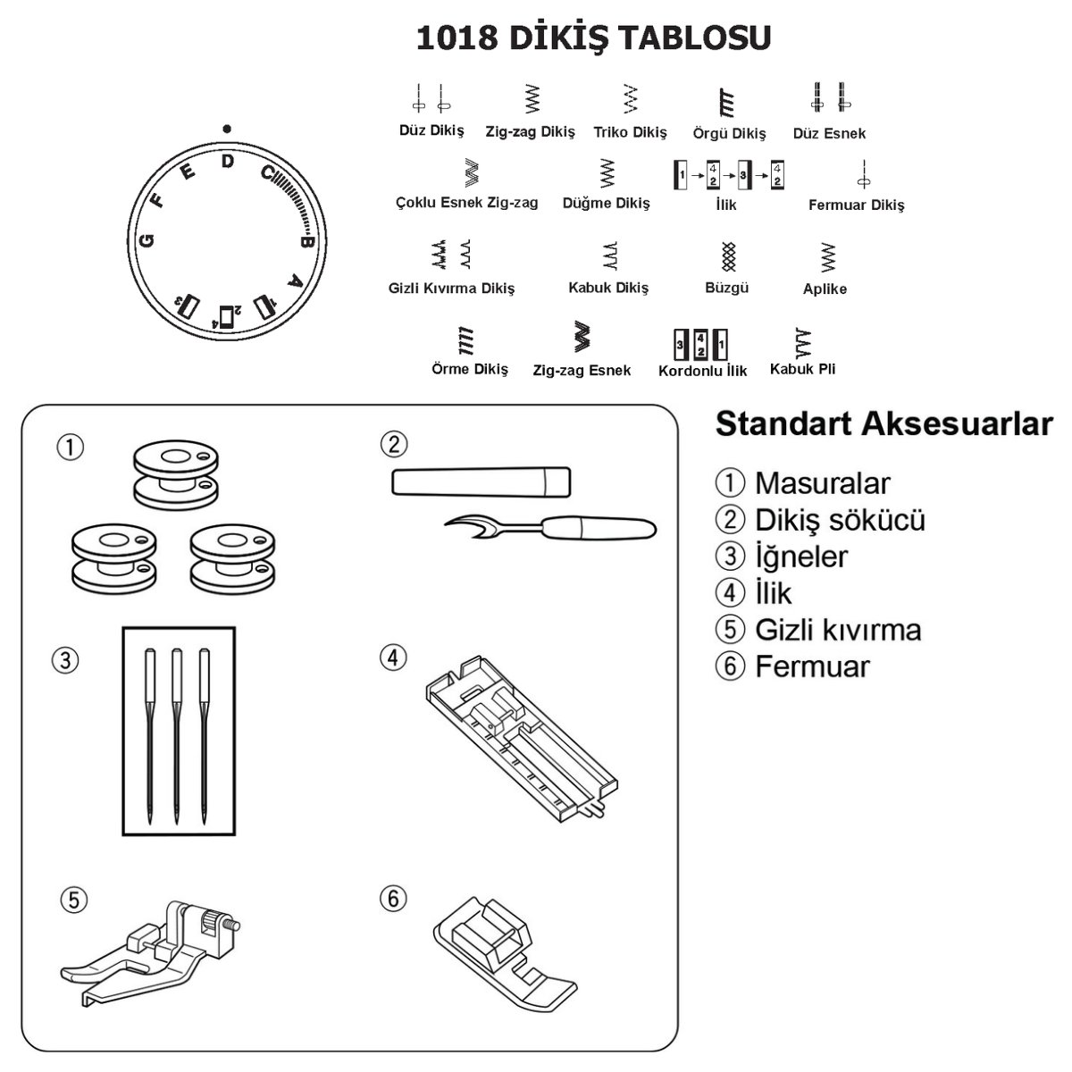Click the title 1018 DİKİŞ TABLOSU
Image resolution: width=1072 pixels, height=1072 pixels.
tap(593, 38)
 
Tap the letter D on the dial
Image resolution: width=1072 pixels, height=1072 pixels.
tap(228, 161)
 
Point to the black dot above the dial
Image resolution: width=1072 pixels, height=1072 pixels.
tap(228, 128)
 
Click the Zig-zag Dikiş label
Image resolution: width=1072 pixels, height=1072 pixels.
tap(530, 131)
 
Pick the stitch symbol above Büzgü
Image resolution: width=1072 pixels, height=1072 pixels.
tap(727, 257)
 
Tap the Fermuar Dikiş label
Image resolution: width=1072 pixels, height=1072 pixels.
tap(856, 205)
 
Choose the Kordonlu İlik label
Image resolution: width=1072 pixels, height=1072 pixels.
tap(702, 371)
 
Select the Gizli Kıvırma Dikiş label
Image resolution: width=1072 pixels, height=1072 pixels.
tap(451, 288)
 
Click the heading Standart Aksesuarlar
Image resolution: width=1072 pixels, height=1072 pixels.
tap(884, 423)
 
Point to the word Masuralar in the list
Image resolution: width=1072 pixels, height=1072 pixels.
tap(822, 483)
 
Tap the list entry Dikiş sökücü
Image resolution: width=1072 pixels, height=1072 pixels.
tap(840, 520)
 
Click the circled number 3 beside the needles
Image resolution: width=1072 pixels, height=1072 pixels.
tap(65, 661)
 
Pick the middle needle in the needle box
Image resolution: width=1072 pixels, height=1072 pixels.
tap(177, 733)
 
